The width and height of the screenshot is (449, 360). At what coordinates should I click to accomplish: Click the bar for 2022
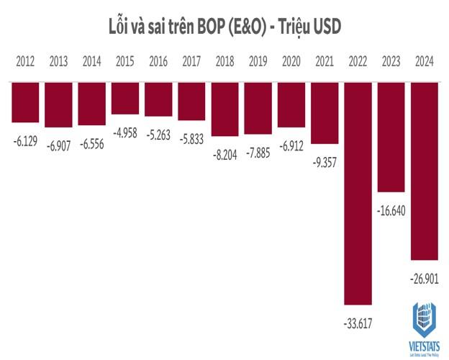[358, 192]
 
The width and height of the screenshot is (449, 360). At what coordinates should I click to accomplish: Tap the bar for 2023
[391, 136]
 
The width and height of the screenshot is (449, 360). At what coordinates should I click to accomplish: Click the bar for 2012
[25, 102]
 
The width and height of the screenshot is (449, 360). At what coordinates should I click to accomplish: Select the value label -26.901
[425, 276]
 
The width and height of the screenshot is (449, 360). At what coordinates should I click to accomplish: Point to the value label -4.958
[125, 131]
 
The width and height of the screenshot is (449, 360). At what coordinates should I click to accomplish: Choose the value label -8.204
[224, 153]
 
